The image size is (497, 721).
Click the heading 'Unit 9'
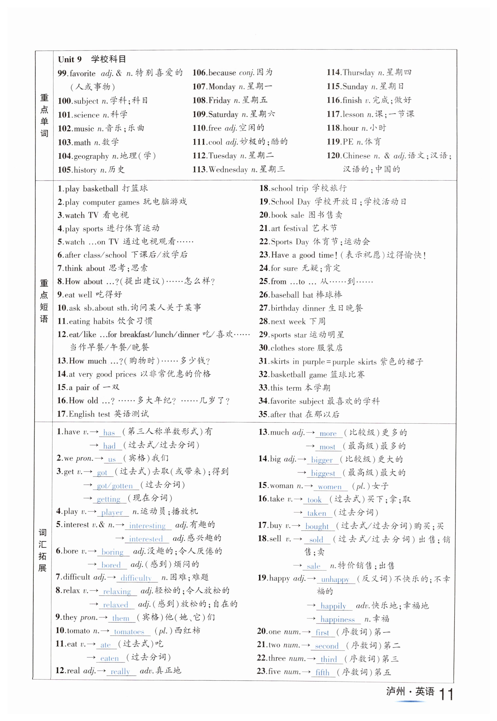(70, 59)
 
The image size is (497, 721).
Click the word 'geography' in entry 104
(91, 156)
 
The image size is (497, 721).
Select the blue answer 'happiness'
(338, 620)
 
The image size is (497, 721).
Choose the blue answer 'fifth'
(322, 672)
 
